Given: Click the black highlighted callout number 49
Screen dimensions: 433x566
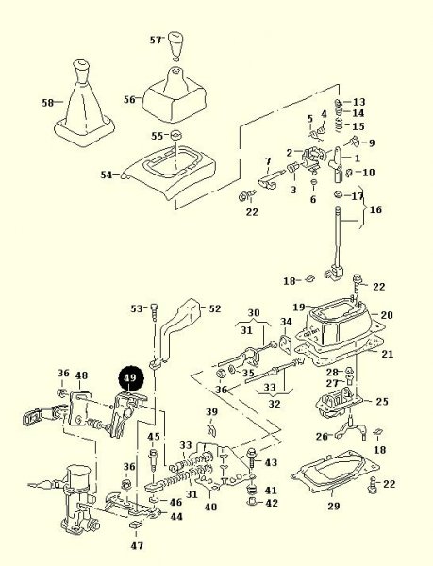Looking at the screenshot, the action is (x=131, y=378).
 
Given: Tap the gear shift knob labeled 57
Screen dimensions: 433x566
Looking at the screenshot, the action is (x=176, y=46).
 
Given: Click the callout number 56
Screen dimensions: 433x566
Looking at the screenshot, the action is (x=129, y=99).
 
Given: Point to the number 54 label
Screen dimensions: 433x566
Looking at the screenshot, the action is (x=106, y=175).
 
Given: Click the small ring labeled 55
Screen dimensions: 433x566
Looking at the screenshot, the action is (x=175, y=136).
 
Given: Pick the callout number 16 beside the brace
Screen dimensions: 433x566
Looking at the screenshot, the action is (x=375, y=209).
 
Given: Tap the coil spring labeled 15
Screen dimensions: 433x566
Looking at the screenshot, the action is (x=339, y=125).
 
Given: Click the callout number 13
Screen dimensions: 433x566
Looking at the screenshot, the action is (x=358, y=102).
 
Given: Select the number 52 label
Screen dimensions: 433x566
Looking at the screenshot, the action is (x=215, y=308).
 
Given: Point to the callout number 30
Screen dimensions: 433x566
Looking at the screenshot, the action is (x=254, y=312).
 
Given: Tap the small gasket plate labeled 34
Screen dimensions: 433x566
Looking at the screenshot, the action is (x=286, y=343).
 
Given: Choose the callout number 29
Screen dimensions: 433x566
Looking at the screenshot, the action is (x=334, y=506).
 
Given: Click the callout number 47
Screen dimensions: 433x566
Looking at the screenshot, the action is (x=137, y=545).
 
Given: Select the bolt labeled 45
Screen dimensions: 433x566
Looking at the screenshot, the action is (x=153, y=460).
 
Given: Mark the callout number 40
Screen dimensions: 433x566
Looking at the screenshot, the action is (x=210, y=507).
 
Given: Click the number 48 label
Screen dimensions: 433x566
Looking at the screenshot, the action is (x=81, y=375).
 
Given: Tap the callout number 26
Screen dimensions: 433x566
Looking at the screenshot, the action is (x=322, y=437).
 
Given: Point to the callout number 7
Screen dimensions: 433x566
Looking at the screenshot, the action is (x=268, y=160).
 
